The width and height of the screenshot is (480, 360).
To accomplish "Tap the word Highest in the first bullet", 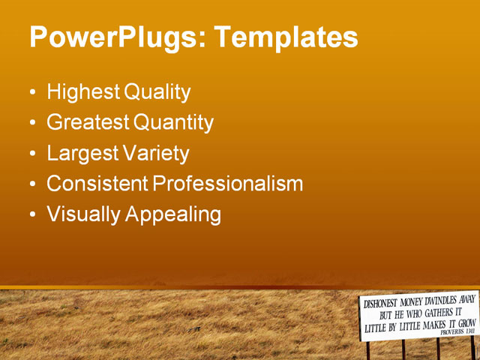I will [x=82, y=93].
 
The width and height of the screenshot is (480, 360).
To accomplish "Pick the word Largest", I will [x=82, y=154].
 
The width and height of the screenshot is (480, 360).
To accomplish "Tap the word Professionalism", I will [x=228, y=184].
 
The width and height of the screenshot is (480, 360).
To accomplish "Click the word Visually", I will [x=83, y=214].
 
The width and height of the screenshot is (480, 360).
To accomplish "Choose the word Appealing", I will [x=173, y=214].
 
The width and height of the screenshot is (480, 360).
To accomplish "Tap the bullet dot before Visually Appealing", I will [x=31, y=216].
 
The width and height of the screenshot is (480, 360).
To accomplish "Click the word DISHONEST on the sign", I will [x=381, y=304].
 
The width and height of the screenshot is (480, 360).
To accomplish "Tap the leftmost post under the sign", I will [x=367, y=349].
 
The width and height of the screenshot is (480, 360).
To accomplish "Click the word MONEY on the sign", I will [x=415, y=301].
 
